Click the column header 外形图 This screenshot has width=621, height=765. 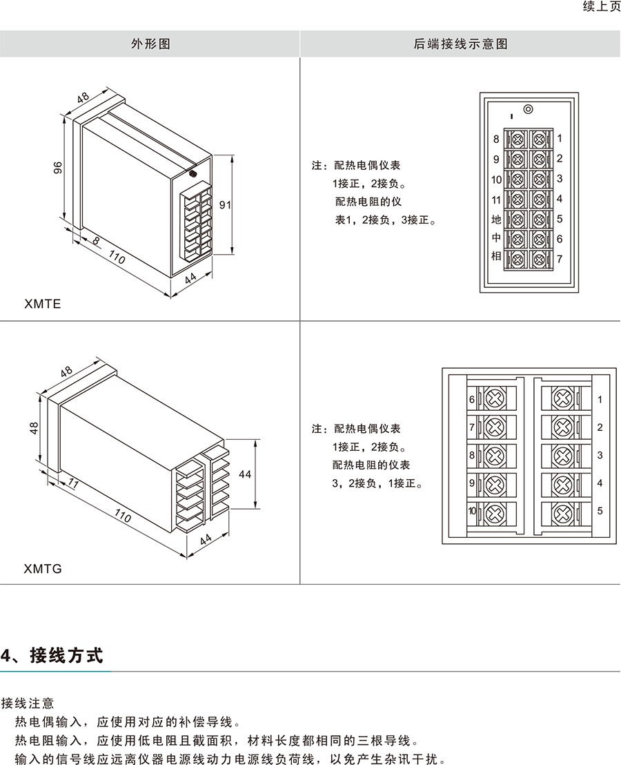150,43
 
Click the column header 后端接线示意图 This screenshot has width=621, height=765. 460,43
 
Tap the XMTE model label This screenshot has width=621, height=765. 42,303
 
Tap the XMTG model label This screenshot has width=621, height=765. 43,570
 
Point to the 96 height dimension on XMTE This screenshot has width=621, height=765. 58,168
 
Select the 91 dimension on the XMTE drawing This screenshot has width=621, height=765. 225,204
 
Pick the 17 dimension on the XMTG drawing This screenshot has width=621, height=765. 73,485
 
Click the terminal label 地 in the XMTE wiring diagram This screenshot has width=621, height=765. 495,220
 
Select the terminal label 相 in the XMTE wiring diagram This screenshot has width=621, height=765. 495,256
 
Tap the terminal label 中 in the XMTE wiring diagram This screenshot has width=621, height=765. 495,238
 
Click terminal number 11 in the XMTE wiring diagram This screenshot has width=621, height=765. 495,200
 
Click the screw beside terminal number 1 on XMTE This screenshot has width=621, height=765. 539,139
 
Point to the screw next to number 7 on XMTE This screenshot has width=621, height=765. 539,260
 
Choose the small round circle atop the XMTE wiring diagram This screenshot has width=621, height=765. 528,109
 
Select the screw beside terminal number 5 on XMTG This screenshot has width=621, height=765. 562,512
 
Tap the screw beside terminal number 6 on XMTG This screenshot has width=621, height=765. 494,399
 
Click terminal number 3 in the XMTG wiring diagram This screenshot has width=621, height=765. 600,455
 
